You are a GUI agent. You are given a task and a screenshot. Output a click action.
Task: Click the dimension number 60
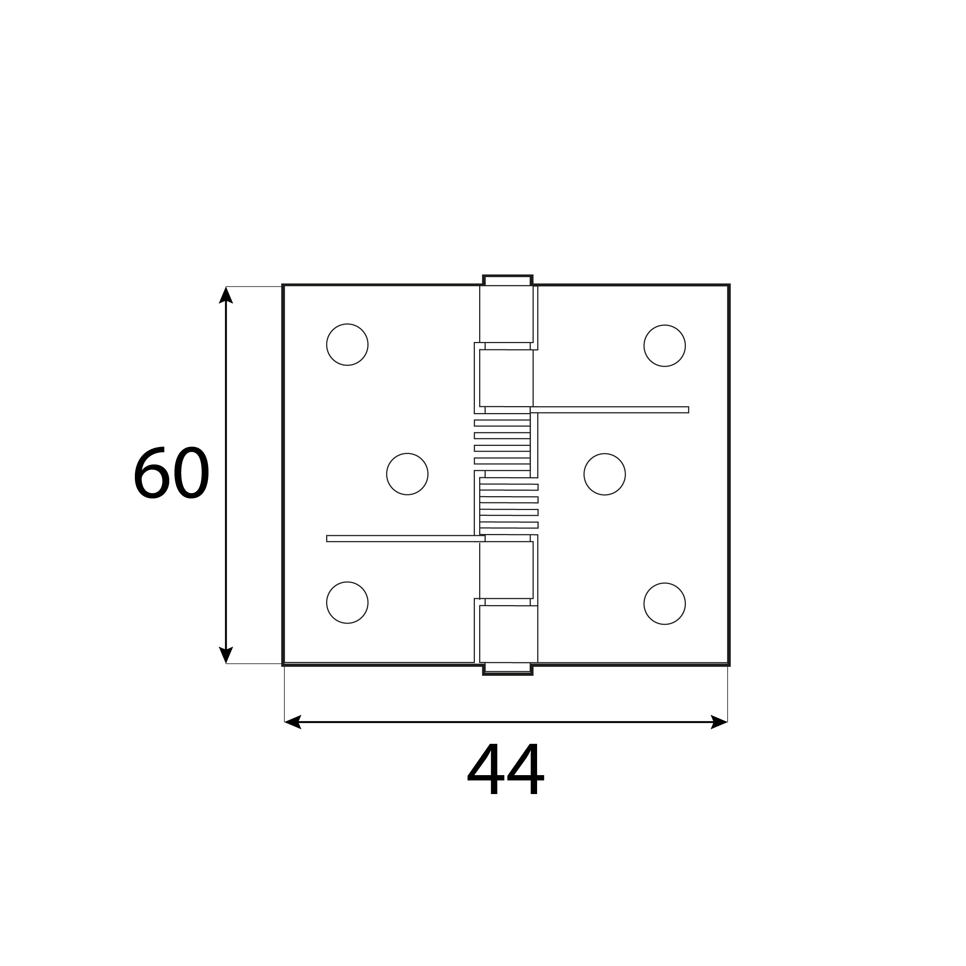(x=171, y=473)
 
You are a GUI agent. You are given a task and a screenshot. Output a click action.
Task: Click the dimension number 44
(x=505, y=769)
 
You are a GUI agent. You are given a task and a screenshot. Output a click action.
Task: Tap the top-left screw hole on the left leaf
(x=347, y=345)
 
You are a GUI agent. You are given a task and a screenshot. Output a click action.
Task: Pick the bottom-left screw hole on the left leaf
(x=347, y=602)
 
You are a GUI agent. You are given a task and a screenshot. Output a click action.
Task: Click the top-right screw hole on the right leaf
(x=665, y=345)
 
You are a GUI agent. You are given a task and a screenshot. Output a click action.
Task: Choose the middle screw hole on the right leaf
(x=604, y=474)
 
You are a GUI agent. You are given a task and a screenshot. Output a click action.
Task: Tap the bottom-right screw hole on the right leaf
(x=665, y=604)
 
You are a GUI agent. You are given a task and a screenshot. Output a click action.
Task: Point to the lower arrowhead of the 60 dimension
(x=226, y=655)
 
